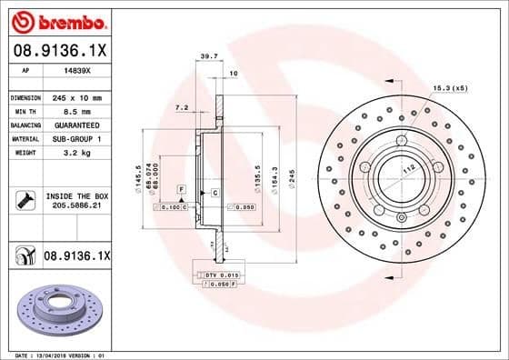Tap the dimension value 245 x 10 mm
pos(80,97)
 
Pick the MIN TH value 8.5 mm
pos(75,111)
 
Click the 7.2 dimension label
pos(181,107)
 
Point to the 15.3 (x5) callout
pos(449,88)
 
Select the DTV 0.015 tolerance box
pos(221,274)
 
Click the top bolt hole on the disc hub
pos(401,138)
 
